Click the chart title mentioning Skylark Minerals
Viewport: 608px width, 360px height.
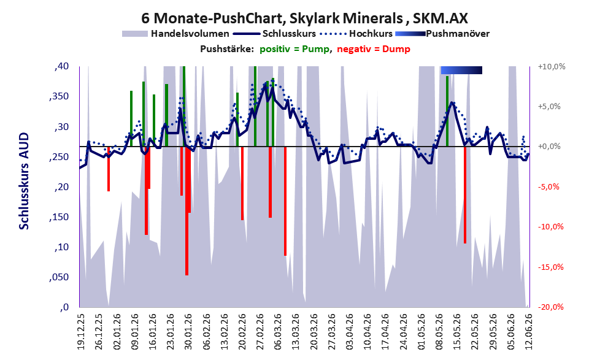[x=304, y=18]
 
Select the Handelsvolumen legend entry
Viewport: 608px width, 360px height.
[x=175, y=34]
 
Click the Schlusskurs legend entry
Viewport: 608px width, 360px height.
[x=274, y=34]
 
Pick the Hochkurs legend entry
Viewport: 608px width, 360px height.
[x=356, y=34]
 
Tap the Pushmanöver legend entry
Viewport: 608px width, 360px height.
[x=442, y=34]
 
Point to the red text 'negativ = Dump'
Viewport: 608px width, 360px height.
[x=374, y=49]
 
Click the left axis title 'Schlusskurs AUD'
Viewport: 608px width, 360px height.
[x=24, y=181]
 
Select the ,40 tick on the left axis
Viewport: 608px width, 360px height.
[x=61, y=66]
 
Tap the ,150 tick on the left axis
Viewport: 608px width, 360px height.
[x=59, y=217]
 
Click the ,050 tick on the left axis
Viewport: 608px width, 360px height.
[x=59, y=277]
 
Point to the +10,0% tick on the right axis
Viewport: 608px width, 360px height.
[x=552, y=67]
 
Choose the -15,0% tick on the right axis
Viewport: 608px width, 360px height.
[x=551, y=267]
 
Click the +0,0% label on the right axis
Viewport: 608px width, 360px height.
[x=550, y=147]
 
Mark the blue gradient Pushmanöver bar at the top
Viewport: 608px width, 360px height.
[x=461, y=70]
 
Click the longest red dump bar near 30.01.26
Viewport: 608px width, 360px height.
[x=187, y=211]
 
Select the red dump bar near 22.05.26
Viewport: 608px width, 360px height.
[x=465, y=195]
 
